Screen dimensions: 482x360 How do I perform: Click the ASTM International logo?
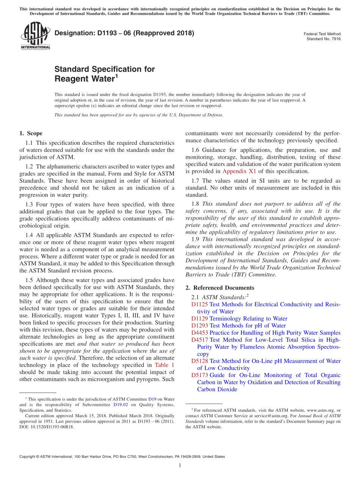(x=35, y=36)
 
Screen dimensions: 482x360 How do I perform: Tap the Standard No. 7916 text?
(x=323, y=39)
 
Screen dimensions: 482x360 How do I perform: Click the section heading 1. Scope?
(x=31, y=133)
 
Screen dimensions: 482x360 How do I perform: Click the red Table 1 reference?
(x=165, y=365)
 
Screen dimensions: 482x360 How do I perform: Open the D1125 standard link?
(x=200, y=305)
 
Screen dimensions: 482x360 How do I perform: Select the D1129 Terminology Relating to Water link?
(x=239, y=319)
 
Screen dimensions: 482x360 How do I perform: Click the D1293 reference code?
(x=200, y=326)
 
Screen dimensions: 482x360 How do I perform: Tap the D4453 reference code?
(x=200, y=333)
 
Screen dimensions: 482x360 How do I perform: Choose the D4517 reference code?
(x=200, y=340)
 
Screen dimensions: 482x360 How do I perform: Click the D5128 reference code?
(x=200, y=361)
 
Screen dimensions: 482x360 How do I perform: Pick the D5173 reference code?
(x=200, y=375)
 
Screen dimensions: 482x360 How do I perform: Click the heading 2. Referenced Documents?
(x=220, y=288)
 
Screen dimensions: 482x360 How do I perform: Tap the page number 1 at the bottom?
(x=180, y=465)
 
